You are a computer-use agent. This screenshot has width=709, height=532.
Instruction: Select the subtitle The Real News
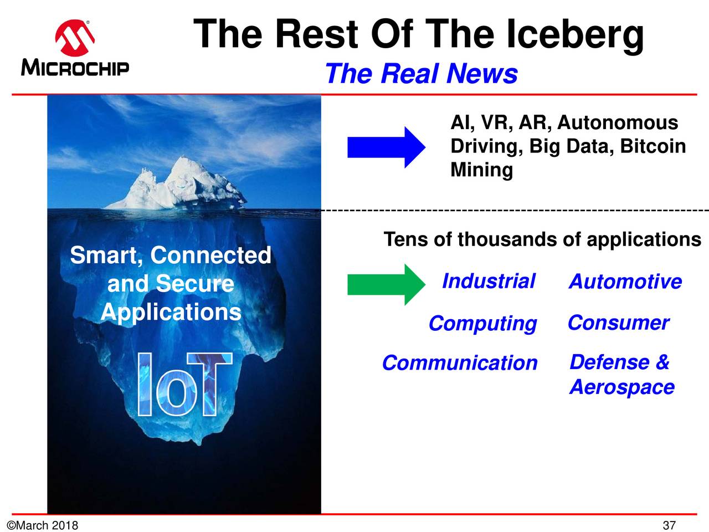422,74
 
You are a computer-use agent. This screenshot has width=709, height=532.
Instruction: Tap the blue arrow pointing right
386,147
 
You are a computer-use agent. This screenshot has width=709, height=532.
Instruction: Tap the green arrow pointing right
386,285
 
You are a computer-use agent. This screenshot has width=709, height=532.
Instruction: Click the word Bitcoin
653,146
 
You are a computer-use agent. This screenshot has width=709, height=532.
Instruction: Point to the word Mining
481,170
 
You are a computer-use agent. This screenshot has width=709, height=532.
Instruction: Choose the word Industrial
489,281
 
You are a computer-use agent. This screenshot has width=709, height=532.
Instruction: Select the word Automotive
625,282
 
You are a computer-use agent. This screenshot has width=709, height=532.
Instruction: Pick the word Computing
483,324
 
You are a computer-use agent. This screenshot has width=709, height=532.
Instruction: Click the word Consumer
619,323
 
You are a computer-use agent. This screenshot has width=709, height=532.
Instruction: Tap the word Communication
460,363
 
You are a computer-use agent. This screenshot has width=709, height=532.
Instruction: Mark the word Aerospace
622,387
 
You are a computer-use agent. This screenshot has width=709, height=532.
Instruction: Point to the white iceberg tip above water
176,184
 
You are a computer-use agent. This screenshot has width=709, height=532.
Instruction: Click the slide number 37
669,525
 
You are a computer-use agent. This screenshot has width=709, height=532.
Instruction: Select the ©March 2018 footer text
42,525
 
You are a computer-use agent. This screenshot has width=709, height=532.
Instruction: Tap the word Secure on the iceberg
195,284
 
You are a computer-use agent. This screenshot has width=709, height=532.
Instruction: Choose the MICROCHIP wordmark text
75,68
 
